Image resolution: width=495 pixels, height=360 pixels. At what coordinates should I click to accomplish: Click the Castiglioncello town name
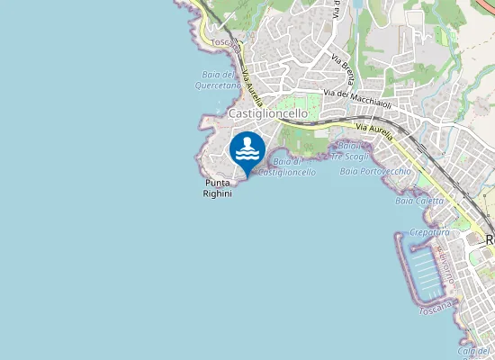268,114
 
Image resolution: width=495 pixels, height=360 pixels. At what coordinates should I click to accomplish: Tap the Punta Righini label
218,187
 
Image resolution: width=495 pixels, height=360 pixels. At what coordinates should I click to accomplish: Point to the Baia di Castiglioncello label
287,166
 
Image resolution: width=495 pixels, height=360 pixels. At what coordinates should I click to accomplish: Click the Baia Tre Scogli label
347,150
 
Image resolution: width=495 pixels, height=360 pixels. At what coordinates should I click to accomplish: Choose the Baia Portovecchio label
375,171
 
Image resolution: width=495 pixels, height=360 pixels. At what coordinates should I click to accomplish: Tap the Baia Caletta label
419,201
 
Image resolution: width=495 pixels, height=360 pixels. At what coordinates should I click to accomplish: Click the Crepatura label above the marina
429,232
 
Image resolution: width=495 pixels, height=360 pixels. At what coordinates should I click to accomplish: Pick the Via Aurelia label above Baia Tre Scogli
374,135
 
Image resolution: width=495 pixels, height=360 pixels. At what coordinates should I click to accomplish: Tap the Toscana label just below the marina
436,308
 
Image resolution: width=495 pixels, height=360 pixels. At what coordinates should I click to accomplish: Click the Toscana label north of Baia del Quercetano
221,41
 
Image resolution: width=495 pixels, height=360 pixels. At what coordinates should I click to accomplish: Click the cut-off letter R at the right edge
490,240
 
